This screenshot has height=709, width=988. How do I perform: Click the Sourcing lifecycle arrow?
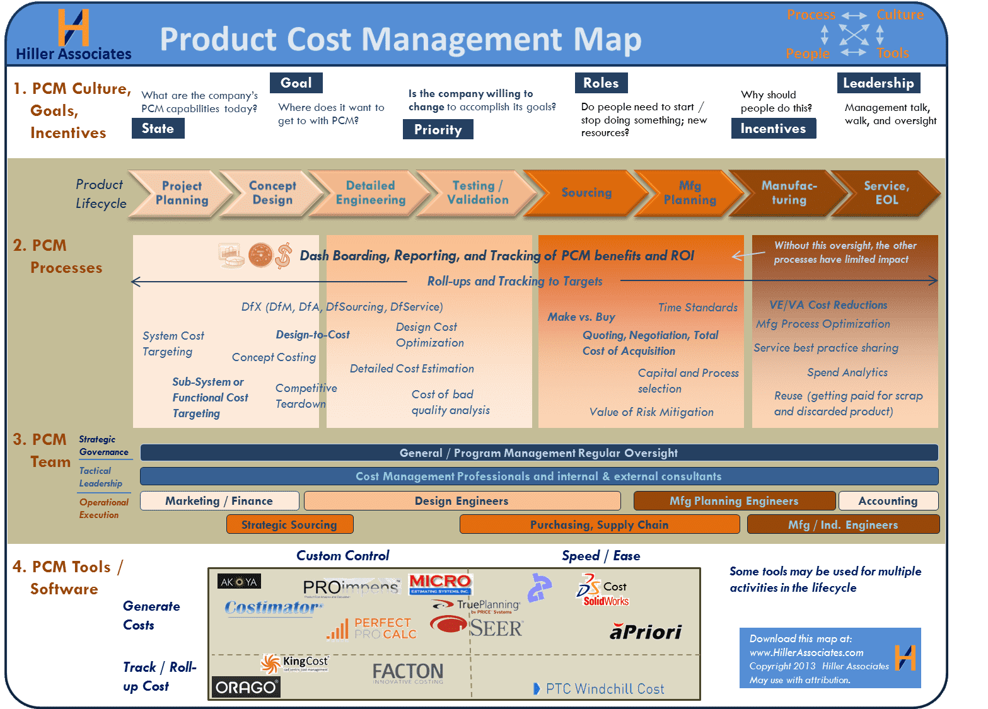point(586,193)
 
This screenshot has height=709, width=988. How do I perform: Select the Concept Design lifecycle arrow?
point(272,193)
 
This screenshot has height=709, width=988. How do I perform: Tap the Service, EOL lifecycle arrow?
point(886,193)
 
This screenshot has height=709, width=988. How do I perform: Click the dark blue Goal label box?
point(296,83)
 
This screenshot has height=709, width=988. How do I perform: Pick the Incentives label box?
point(773,129)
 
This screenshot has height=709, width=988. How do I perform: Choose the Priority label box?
point(438,130)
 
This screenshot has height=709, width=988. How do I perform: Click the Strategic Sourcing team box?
point(289,524)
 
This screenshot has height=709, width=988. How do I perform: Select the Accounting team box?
point(888,501)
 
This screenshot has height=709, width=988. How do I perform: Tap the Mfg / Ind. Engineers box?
point(843,524)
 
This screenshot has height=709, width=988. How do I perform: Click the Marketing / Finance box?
point(219,501)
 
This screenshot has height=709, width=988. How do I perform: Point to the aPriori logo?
point(646,632)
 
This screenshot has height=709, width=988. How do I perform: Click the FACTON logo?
point(408,672)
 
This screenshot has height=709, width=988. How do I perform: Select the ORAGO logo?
point(246,687)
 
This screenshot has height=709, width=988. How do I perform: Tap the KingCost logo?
point(295,662)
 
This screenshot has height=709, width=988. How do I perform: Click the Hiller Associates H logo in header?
point(73,28)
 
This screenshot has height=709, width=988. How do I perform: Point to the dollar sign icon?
point(284,255)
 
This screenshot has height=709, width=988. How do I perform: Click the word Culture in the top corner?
point(900,15)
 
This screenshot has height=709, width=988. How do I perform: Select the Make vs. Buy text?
point(581,317)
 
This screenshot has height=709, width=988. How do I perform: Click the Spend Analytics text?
point(847,372)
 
